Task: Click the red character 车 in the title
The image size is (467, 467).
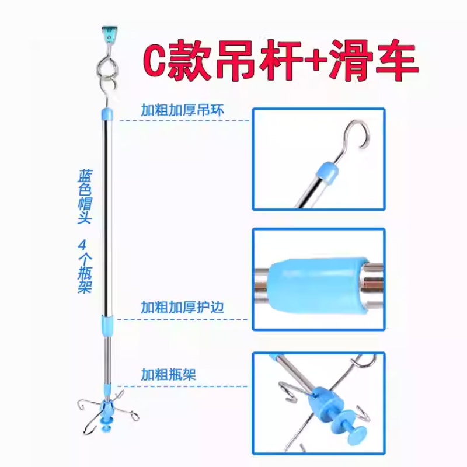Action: click(x=397, y=60)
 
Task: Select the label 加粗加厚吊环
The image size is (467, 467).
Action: click(x=182, y=110)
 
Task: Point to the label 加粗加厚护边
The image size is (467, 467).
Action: click(x=182, y=308)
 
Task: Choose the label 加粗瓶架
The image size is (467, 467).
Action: click(x=169, y=374)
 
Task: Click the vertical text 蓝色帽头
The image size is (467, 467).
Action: click(x=85, y=197)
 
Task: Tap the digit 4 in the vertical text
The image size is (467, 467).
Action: click(x=82, y=245)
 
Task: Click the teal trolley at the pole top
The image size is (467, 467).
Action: click(x=109, y=33)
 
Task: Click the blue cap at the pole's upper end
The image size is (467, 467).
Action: click(x=107, y=114)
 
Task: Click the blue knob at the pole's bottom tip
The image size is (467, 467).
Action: click(x=107, y=424)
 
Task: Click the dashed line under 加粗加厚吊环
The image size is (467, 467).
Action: click(x=184, y=121)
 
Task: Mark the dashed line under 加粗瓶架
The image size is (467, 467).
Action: click(x=182, y=386)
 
